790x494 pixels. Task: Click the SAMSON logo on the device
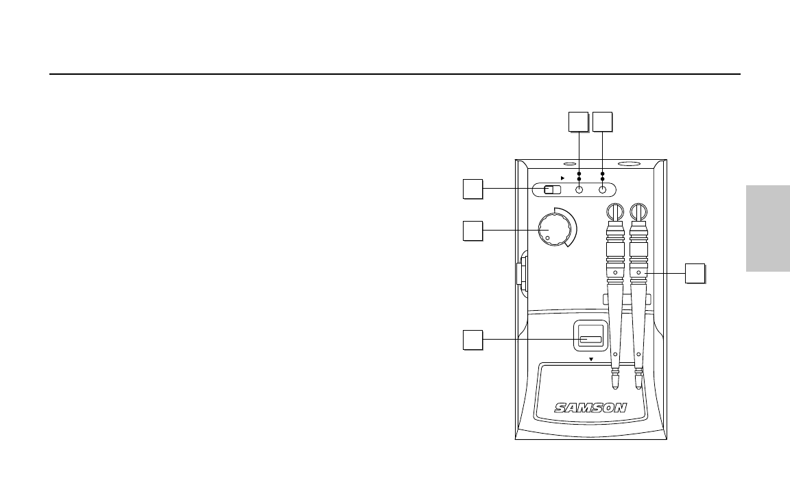click(590, 407)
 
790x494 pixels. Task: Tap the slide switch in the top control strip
click(552, 191)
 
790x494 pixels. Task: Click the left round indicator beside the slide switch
click(579, 191)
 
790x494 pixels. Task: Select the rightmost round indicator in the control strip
click(603, 191)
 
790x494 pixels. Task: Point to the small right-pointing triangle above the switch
click(563, 176)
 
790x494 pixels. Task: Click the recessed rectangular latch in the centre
click(590, 339)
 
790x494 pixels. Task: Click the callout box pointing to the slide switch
click(472, 189)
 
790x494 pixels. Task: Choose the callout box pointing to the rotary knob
click(472, 231)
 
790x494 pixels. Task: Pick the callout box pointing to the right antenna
click(695, 272)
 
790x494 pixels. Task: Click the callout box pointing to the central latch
click(472, 339)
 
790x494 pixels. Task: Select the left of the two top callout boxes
click(579, 121)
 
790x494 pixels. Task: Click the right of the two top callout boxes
click(602, 121)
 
